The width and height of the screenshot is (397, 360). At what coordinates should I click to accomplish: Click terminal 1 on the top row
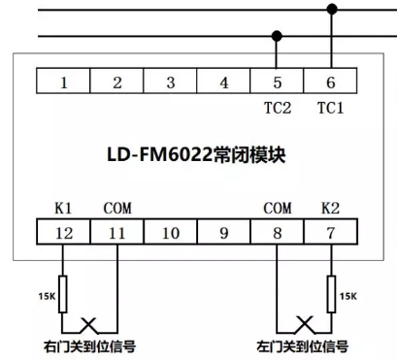pos(63,82)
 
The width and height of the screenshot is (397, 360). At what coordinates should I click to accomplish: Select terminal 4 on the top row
pos(224,82)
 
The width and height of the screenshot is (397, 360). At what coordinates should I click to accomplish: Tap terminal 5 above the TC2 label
pos(278,82)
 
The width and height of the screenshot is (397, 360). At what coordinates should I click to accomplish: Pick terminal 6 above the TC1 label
pos(331,82)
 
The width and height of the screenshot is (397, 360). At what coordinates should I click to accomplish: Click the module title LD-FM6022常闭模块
pos(199,155)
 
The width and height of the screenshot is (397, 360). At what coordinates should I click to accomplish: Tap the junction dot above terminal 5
pos(278,37)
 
